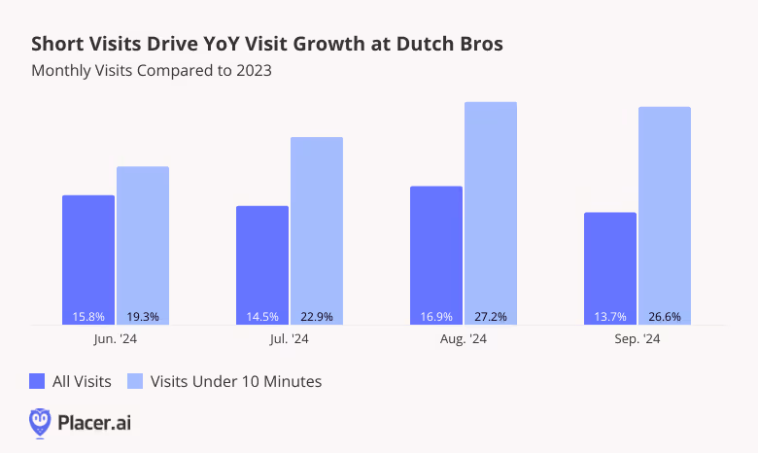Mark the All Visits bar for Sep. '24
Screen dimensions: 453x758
[610, 268]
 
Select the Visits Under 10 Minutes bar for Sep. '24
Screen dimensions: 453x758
[665, 215]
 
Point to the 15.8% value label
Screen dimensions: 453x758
[88, 316]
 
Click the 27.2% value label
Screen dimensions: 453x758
[491, 316]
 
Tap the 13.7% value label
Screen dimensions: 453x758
[610, 316]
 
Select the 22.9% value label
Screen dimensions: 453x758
[317, 316]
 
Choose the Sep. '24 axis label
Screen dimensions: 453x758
[637, 339]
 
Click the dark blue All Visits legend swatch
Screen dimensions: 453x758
[38, 381]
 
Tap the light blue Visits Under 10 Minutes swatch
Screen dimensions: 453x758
[137, 381]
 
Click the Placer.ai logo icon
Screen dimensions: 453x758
[40, 422]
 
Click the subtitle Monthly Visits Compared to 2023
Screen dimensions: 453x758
[152, 70]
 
